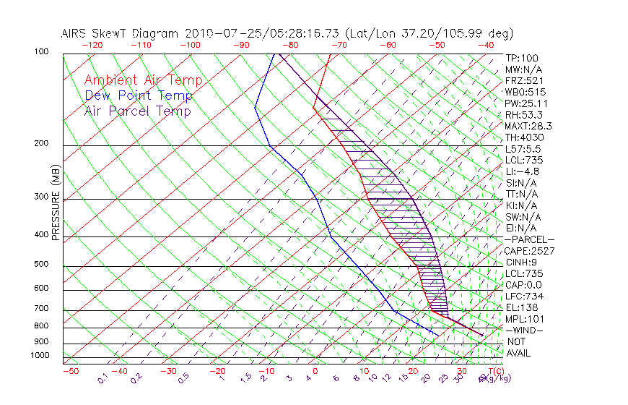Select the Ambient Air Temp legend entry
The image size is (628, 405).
(x=143, y=81)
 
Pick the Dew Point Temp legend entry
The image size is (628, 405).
(x=139, y=95)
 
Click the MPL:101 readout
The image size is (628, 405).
(x=524, y=319)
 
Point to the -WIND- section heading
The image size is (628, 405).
(x=525, y=330)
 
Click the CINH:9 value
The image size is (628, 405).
(x=521, y=262)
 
